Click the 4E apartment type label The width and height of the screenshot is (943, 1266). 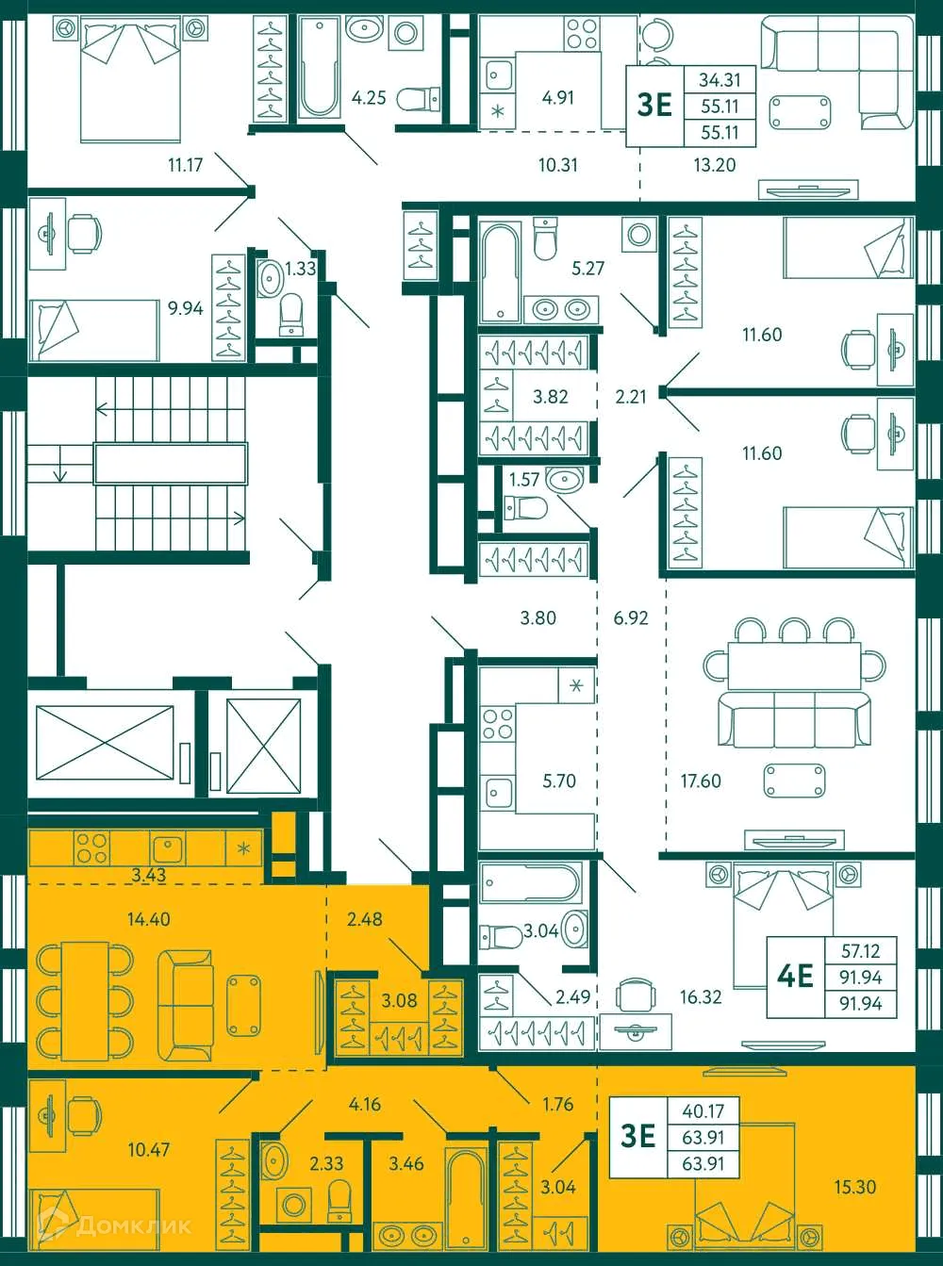[795, 976]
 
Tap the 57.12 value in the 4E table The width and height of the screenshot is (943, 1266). [860, 951]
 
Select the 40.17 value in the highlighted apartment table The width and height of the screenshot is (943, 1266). [703, 1111]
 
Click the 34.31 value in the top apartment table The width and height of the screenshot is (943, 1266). [720, 81]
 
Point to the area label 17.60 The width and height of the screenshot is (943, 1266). [701, 781]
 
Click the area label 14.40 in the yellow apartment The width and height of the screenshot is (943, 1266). [149, 918]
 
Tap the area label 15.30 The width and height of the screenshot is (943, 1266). [854, 1187]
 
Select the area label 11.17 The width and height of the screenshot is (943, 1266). [186, 165]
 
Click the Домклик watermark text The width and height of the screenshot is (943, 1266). [133, 1225]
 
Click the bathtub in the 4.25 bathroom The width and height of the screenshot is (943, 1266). [319, 68]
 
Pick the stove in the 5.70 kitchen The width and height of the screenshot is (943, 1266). [498, 724]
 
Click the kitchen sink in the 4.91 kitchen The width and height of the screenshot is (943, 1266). [498, 73]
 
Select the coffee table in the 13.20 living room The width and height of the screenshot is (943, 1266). [800, 112]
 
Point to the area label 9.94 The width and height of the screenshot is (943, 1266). [186, 308]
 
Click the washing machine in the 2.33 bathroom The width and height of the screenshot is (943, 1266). [295, 1205]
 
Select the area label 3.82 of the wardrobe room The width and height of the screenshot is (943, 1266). [551, 397]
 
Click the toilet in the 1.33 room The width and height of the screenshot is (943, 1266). [291, 314]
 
